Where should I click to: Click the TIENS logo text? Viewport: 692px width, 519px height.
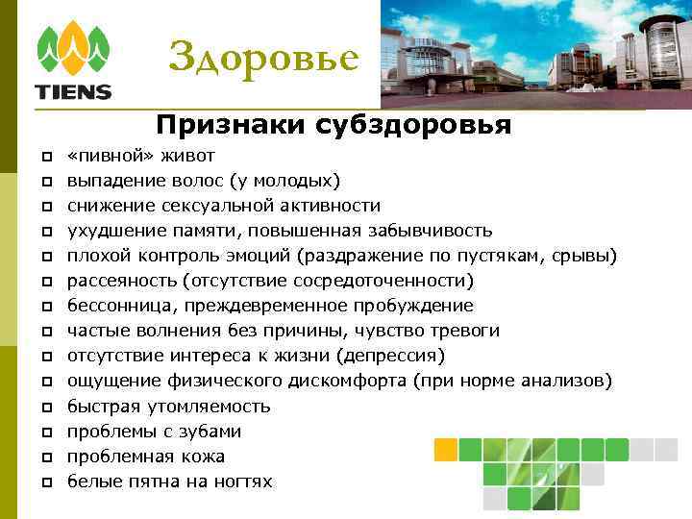click(73, 92)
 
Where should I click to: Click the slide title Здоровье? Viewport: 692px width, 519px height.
click(263, 59)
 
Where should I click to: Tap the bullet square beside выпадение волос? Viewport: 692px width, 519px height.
click(45, 181)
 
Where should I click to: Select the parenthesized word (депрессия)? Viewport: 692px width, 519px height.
click(390, 356)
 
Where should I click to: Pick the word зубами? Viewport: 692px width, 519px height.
click(213, 431)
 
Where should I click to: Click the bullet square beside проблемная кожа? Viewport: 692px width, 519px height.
click(45, 457)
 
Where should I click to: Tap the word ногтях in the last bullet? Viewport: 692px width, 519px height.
click(241, 482)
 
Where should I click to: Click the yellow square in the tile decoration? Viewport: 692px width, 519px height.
click(445, 449)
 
